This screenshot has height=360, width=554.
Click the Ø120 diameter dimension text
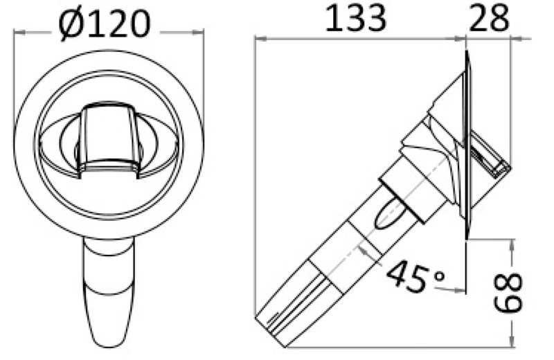(x=105, y=23)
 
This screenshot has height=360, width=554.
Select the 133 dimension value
(x=355, y=19)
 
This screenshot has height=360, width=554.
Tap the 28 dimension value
(x=489, y=19)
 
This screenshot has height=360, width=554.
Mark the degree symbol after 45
(x=438, y=275)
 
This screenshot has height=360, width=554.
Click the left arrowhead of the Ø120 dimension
(x=20, y=31)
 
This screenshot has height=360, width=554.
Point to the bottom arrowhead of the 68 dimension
(x=513, y=341)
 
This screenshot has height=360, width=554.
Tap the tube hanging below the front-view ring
(x=109, y=291)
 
